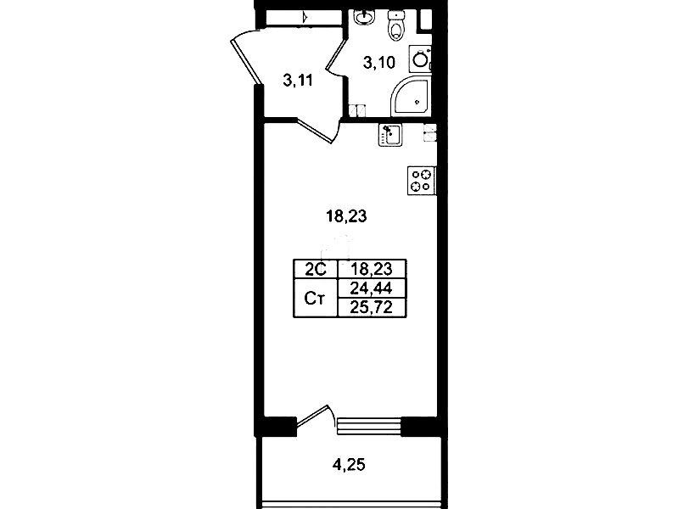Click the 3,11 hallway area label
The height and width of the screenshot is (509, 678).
pyautogui.click(x=298, y=81)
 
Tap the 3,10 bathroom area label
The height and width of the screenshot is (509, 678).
pyautogui.click(x=379, y=63)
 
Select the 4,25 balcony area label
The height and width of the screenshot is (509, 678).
pyautogui.click(x=349, y=465)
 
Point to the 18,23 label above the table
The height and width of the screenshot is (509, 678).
pyautogui.click(x=346, y=215)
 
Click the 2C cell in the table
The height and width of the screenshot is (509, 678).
pyautogui.click(x=315, y=270)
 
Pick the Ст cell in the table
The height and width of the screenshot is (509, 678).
pyautogui.click(x=315, y=298)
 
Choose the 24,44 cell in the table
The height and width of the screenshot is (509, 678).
pyautogui.click(x=371, y=288)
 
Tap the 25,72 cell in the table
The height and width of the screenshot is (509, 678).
pyautogui.click(x=371, y=307)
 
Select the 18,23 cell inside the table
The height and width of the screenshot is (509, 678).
pyautogui.click(x=371, y=270)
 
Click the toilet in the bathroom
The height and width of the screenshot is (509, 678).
pyautogui.click(x=395, y=26)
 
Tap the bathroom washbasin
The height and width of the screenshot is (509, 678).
pyautogui.click(x=362, y=18)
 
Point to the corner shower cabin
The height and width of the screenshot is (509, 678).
pyautogui.click(x=412, y=97)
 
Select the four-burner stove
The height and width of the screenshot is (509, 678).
pyautogui.click(x=422, y=181)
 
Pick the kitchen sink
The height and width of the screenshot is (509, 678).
pyautogui.click(x=390, y=135)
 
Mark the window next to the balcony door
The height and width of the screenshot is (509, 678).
pyautogui.click(x=369, y=426)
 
